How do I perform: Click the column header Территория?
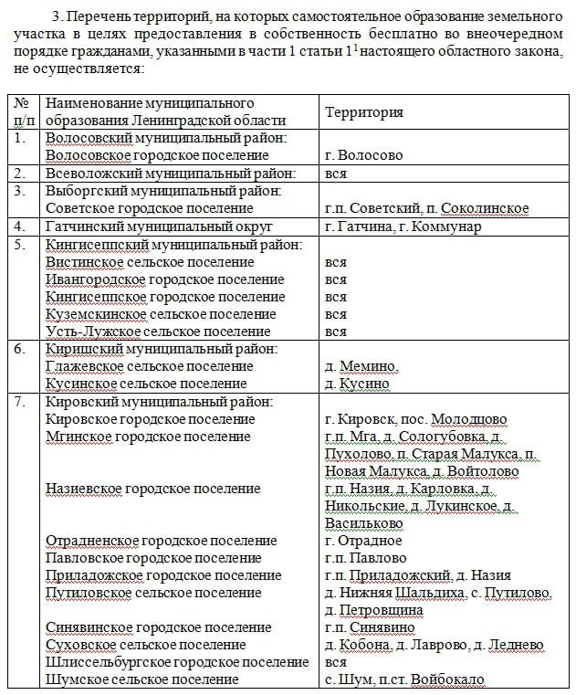(364, 111)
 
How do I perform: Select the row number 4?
(21, 226)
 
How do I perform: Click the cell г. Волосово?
(363, 155)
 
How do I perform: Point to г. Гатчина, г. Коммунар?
(403, 226)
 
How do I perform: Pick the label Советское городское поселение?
(149, 208)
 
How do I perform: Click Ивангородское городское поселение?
(165, 279)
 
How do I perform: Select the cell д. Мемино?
(361, 367)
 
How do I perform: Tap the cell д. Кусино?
(357, 384)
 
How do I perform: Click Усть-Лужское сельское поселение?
(158, 332)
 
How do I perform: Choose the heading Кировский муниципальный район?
(159, 402)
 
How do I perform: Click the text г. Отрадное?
(363, 541)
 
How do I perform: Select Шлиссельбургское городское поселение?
(177, 662)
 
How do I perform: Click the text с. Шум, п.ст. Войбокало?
(403, 679)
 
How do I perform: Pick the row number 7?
(21, 402)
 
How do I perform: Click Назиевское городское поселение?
(152, 489)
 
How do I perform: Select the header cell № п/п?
(23, 111)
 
